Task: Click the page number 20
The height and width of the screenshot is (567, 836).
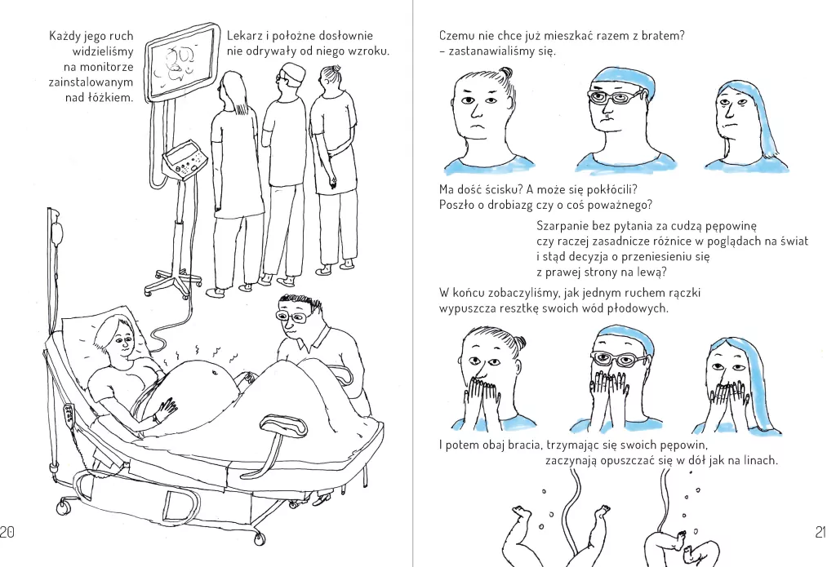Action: click(x=7, y=531)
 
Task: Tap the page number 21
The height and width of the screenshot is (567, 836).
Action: click(x=820, y=531)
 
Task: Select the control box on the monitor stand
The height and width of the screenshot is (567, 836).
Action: click(x=185, y=161)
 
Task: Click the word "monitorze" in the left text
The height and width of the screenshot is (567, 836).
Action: click(x=104, y=67)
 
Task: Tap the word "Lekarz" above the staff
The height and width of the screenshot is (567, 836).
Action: click(x=243, y=36)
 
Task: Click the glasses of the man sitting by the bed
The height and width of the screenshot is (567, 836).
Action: click(x=291, y=317)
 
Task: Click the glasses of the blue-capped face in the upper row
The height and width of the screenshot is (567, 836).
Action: click(x=615, y=98)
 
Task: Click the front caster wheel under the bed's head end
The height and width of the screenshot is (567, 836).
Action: click(x=64, y=506)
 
